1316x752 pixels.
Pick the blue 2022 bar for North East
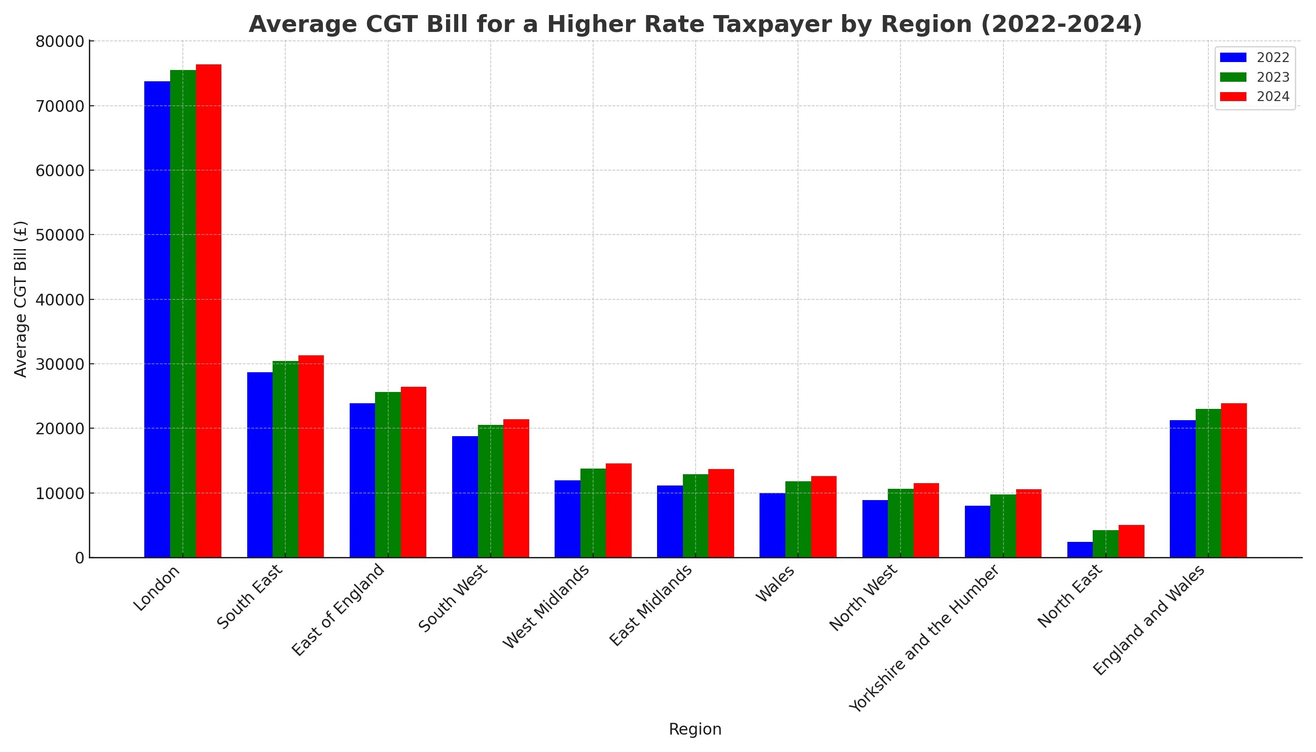1080,549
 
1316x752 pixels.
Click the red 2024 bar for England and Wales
1234,480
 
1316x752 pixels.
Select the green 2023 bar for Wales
798,519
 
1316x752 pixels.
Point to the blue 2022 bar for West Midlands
567,518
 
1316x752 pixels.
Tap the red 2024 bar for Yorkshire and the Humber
1029,523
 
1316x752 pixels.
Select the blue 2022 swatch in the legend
1233,57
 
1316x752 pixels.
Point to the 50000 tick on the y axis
59,235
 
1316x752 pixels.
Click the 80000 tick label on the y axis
59,41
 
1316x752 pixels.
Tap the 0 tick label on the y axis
78,558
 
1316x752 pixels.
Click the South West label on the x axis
453,599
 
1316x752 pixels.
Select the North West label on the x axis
863,599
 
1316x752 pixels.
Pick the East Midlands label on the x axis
651,606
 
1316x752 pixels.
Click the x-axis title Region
695,729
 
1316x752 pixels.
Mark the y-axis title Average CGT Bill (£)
21,299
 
